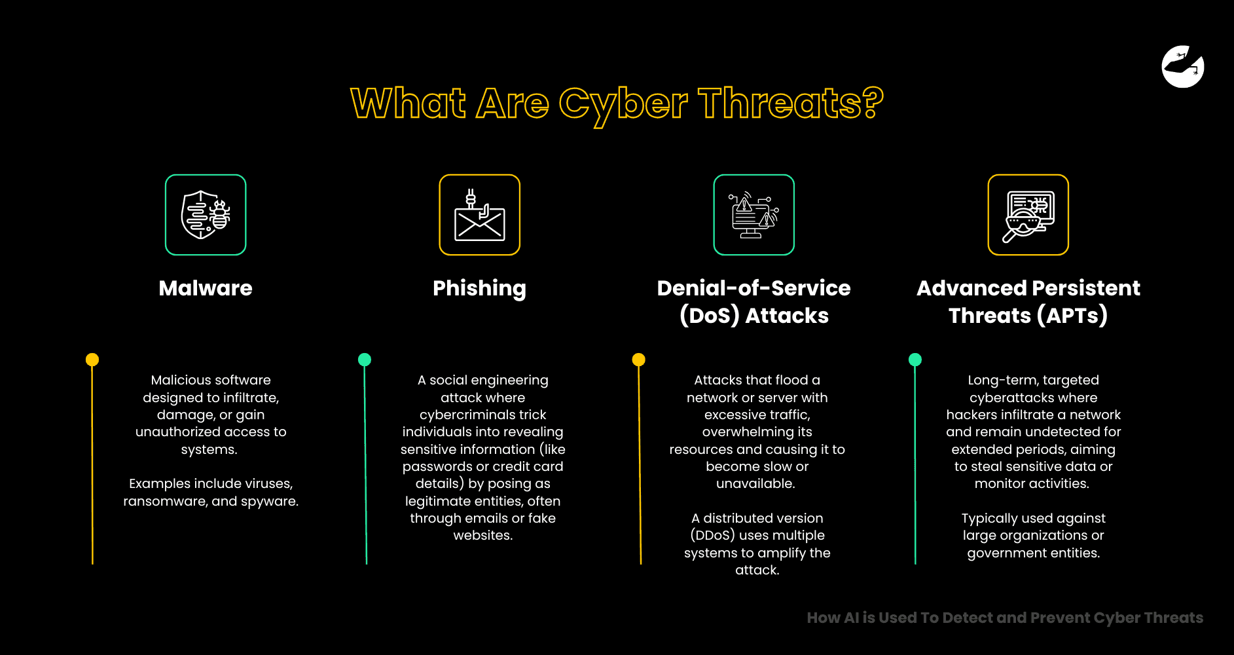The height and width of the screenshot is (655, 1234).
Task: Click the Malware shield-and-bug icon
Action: point(206,215)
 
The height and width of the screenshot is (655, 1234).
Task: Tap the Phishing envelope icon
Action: point(479,215)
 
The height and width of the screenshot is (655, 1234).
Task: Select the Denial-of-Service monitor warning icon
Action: point(753,215)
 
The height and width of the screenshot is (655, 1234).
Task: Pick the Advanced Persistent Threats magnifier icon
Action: point(1028,215)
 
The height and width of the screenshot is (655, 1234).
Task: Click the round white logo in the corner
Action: point(1183,66)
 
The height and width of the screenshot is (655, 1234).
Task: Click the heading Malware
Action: point(206,288)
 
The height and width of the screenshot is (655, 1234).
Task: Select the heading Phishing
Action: point(479,288)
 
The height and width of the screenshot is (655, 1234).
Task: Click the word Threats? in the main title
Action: point(790,103)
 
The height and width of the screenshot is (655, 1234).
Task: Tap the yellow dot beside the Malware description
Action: point(92,360)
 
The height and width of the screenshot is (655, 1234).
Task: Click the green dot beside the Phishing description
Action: point(365,360)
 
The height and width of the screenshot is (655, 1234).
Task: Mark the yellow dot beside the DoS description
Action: point(639,360)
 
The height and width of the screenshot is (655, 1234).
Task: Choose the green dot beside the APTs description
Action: point(915,360)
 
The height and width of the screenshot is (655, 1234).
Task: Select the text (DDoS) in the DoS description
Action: point(712,535)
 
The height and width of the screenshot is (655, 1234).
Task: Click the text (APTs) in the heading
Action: point(1072,316)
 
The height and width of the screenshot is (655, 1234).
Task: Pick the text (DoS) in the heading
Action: point(709,316)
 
